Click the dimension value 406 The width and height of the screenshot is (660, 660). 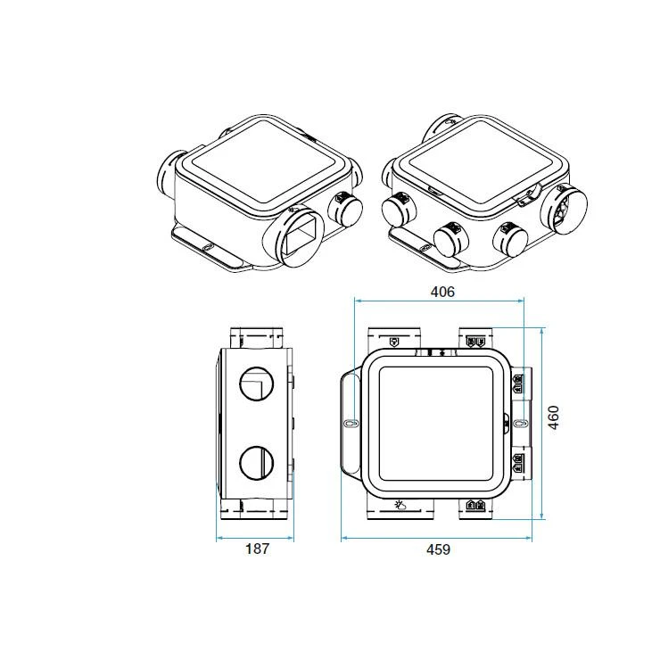click(x=442, y=292)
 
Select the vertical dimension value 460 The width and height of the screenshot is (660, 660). click(x=553, y=417)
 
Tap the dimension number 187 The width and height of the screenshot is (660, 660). click(x=256, y=549)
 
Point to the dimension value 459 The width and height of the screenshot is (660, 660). click(x=437, y=549)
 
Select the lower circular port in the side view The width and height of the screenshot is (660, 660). click(x=256, y=462)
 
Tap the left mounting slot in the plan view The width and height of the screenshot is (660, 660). click(x=350, y=423)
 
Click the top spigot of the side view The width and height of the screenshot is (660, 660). click(x=258, y=339)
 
